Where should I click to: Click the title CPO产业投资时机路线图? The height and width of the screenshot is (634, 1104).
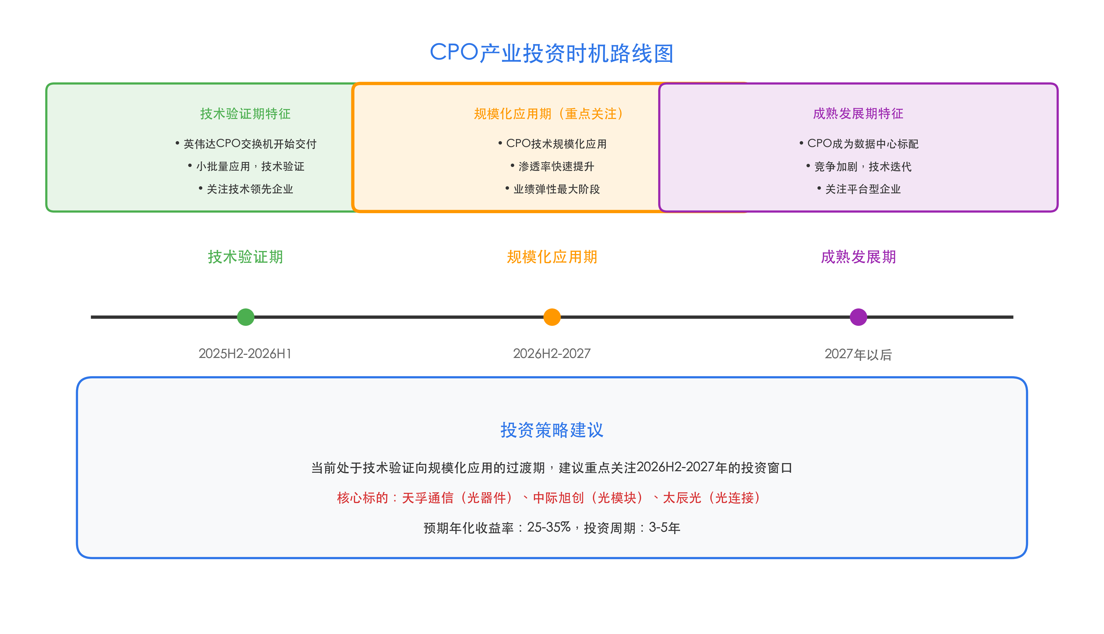click(x=552, y=53)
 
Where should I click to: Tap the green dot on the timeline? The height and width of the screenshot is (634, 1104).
click(x=246, y=317)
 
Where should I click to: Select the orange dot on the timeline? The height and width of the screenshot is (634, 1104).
click(x=552, y=317)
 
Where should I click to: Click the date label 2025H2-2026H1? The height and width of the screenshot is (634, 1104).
click(x=245, y=354)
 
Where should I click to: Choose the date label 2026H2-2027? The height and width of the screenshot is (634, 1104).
click(x=552, y=354)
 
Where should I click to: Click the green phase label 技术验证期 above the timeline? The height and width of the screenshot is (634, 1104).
click(x=245, y=257)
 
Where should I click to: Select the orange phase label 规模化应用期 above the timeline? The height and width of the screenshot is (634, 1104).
click(x=552, y=257)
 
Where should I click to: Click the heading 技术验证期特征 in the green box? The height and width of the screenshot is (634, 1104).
click(x=245, y=114)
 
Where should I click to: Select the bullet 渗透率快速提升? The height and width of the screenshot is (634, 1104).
click(x=556, y=166)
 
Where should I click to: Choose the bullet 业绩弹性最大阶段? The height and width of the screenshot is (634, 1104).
click(x=556, y=189)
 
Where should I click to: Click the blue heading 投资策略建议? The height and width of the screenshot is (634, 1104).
click(x=552, y=430)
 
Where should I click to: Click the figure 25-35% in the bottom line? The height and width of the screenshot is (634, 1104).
click(x=549, y=527)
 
